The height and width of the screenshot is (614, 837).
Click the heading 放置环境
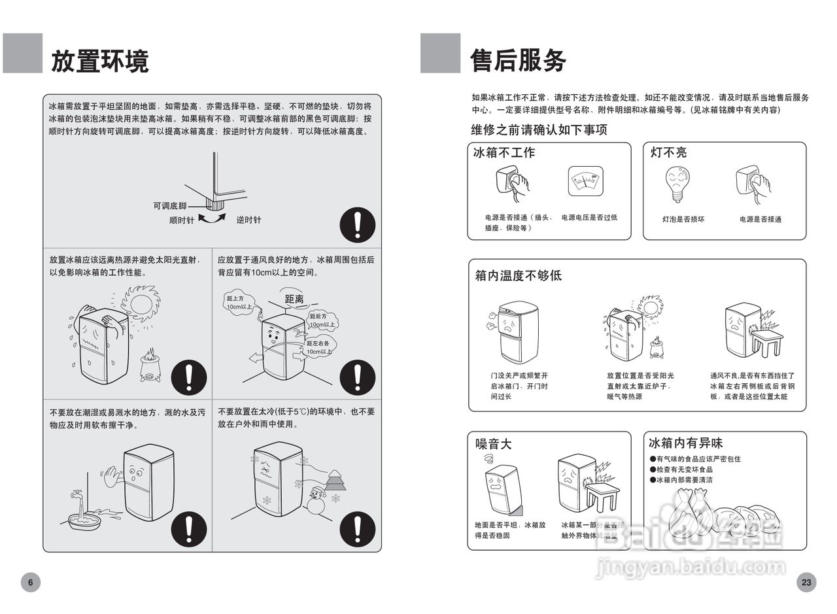point(99,61)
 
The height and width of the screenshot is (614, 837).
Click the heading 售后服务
point(518,60)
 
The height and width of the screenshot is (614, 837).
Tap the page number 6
point(30,582)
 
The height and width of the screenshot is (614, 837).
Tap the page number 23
point(806,582)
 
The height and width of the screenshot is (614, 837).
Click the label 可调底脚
point(170,206)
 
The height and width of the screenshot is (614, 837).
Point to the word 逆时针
point(248,220)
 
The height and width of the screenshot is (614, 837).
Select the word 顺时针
point(181,220)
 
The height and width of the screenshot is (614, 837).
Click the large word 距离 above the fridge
point(294,299)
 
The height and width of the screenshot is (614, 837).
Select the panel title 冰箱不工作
point(504,153)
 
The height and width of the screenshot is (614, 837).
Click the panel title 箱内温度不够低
point(518,275)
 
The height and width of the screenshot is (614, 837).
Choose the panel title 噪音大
point(493,444)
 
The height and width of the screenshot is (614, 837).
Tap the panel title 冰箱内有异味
point(685,443)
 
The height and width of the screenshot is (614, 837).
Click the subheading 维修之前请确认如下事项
point(539,129)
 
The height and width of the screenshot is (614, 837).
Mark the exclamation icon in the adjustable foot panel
point(357,224)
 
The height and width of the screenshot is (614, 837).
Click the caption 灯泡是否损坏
point(683,220)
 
